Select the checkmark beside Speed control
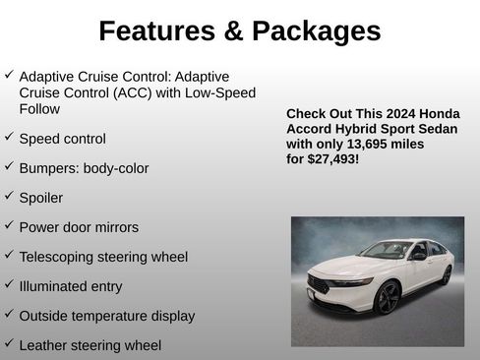9,137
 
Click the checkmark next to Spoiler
9,196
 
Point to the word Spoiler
40,198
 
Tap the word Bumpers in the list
48,168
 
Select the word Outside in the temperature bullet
44,316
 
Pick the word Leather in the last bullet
44,345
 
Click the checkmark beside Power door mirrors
9,225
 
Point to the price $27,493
331,157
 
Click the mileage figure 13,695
360,143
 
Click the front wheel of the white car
386,297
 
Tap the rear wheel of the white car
446,275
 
